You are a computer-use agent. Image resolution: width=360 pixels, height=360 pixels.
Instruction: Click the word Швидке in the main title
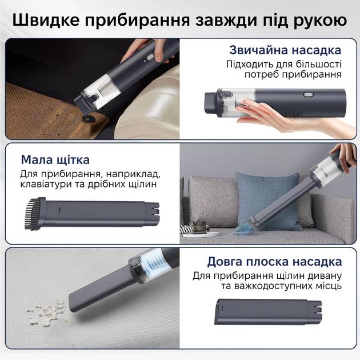[x=46, y=20]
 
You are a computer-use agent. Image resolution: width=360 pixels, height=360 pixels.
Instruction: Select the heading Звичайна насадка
[x=285, y=50]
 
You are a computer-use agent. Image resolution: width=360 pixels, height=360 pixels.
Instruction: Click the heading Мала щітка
[x=55, y=159]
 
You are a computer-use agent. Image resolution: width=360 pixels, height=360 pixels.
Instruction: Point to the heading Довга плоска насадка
[x=275, y=262]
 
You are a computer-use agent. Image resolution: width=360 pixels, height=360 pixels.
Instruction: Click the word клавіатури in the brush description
[x=46, y=184]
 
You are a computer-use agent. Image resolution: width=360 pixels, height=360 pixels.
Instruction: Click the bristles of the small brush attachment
[x=30, y=214]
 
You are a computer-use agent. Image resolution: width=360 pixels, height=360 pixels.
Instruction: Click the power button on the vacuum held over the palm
[x=307, y=95]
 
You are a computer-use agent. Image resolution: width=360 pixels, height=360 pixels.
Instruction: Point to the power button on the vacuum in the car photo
[x=150, y=57]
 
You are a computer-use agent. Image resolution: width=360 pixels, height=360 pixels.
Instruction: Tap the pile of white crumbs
[x=47, y=310]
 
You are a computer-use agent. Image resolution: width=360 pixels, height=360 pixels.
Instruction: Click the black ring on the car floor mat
[x=87, y=118]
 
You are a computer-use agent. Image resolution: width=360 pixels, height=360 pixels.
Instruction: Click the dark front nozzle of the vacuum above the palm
[x=211, y=101]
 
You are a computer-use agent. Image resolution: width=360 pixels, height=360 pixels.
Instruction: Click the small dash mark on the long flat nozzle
[x=222, y=308]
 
